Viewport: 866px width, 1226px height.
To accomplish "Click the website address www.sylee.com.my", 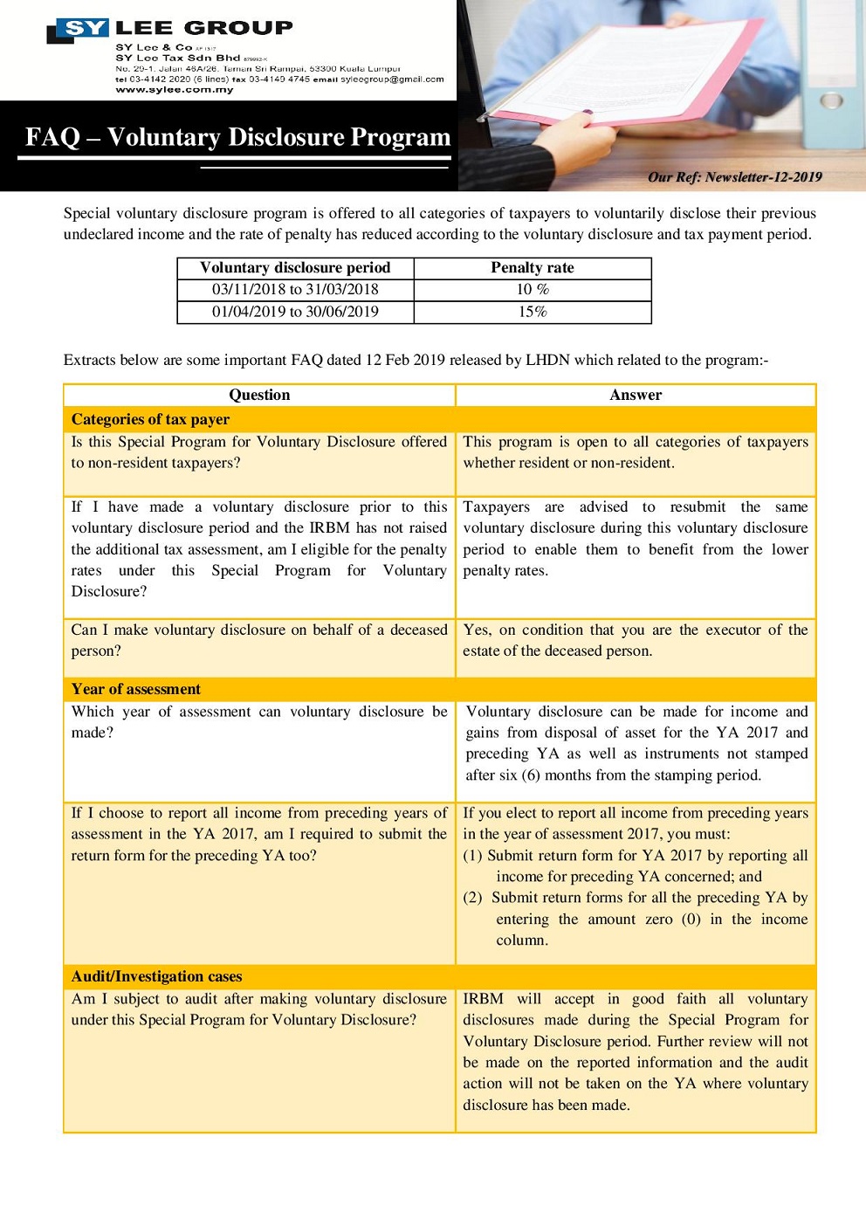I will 175,90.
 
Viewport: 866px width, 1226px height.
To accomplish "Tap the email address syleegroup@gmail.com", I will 392,79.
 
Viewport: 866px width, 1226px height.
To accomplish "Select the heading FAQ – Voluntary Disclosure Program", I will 237,137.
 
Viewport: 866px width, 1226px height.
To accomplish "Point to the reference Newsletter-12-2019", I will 764,177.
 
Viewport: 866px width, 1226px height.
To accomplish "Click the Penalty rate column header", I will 533,268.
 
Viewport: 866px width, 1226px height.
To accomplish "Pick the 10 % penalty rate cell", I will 533,290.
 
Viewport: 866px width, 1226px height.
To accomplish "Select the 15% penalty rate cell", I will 533,312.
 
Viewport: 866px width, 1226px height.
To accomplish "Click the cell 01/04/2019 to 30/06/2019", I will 295,312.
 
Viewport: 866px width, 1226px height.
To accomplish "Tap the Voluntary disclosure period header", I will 295,268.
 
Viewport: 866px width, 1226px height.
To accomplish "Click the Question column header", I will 259,395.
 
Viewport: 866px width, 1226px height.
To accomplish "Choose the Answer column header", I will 636,395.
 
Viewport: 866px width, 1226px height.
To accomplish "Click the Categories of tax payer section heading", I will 150,419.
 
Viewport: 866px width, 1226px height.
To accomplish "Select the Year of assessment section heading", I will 135,689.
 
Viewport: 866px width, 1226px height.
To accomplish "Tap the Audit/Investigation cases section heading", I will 156,976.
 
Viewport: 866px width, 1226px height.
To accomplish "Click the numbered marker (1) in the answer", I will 472,856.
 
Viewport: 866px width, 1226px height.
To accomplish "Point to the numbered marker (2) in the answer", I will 472,898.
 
